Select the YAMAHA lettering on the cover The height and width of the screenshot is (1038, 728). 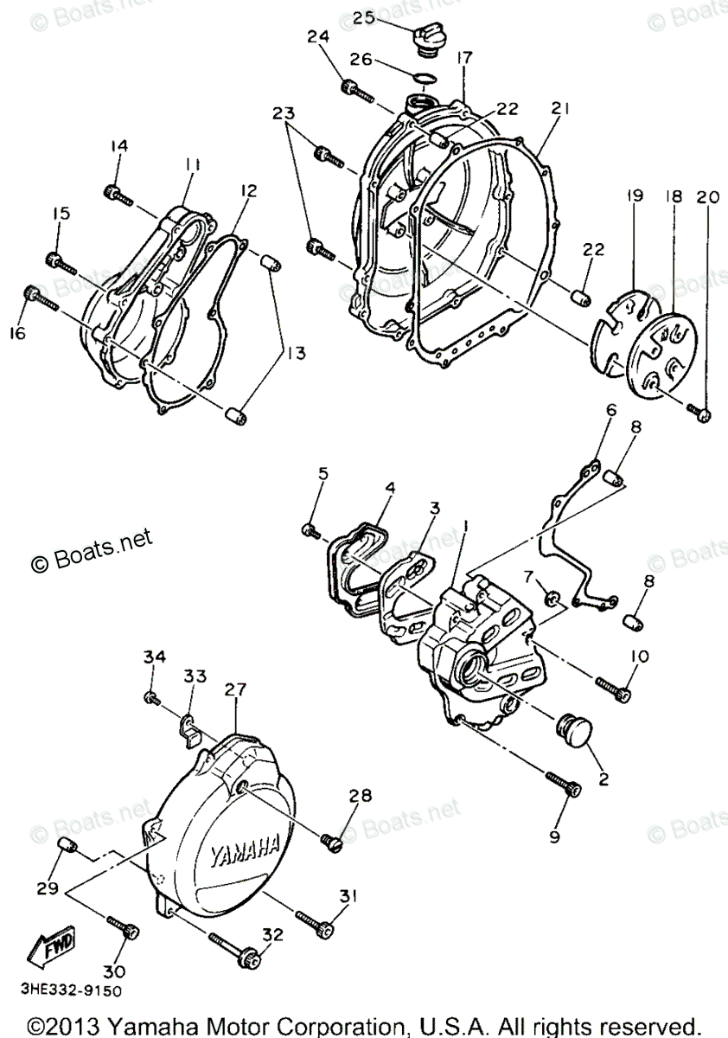pyautogui.click(x=245, y=851)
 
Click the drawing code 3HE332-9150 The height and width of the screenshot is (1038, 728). pyautogui.click(x=60, y=990)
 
